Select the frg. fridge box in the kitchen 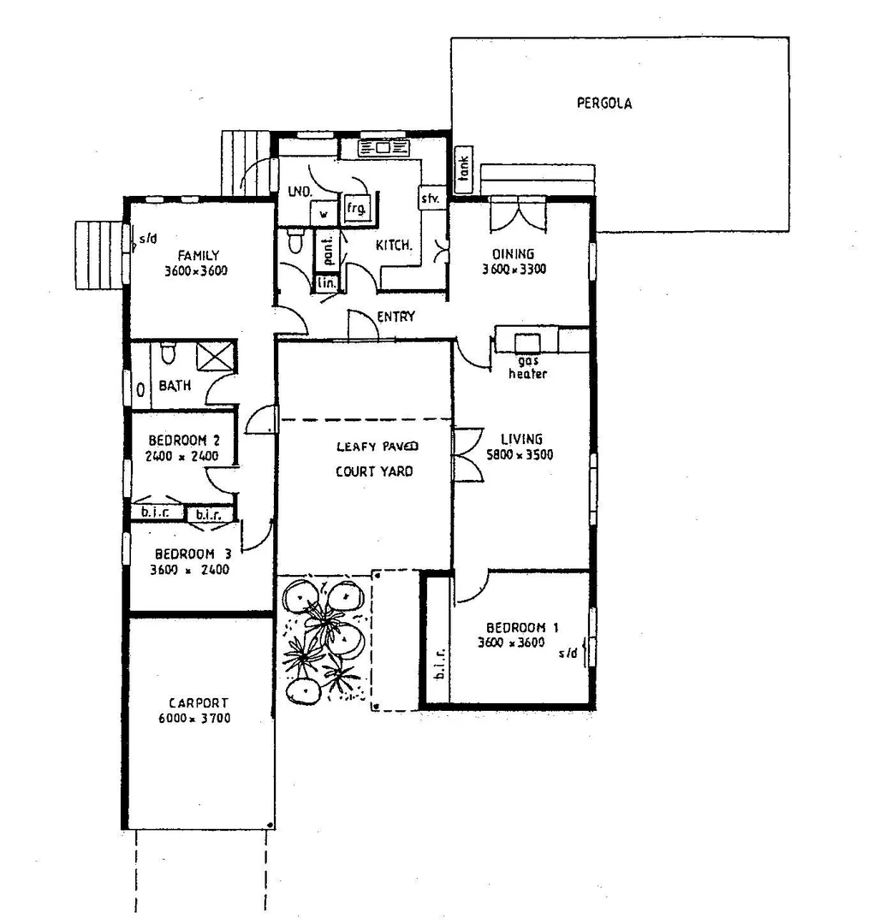click(354, 208)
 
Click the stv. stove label click(429, 198)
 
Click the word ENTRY click(395, 317)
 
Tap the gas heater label click(527, 368)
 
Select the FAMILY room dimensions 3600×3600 click(199, 271)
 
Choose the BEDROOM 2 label click(183, 441)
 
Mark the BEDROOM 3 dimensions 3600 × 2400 click(189, 570)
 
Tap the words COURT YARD click(373, 471)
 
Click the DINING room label click(513, 254)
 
